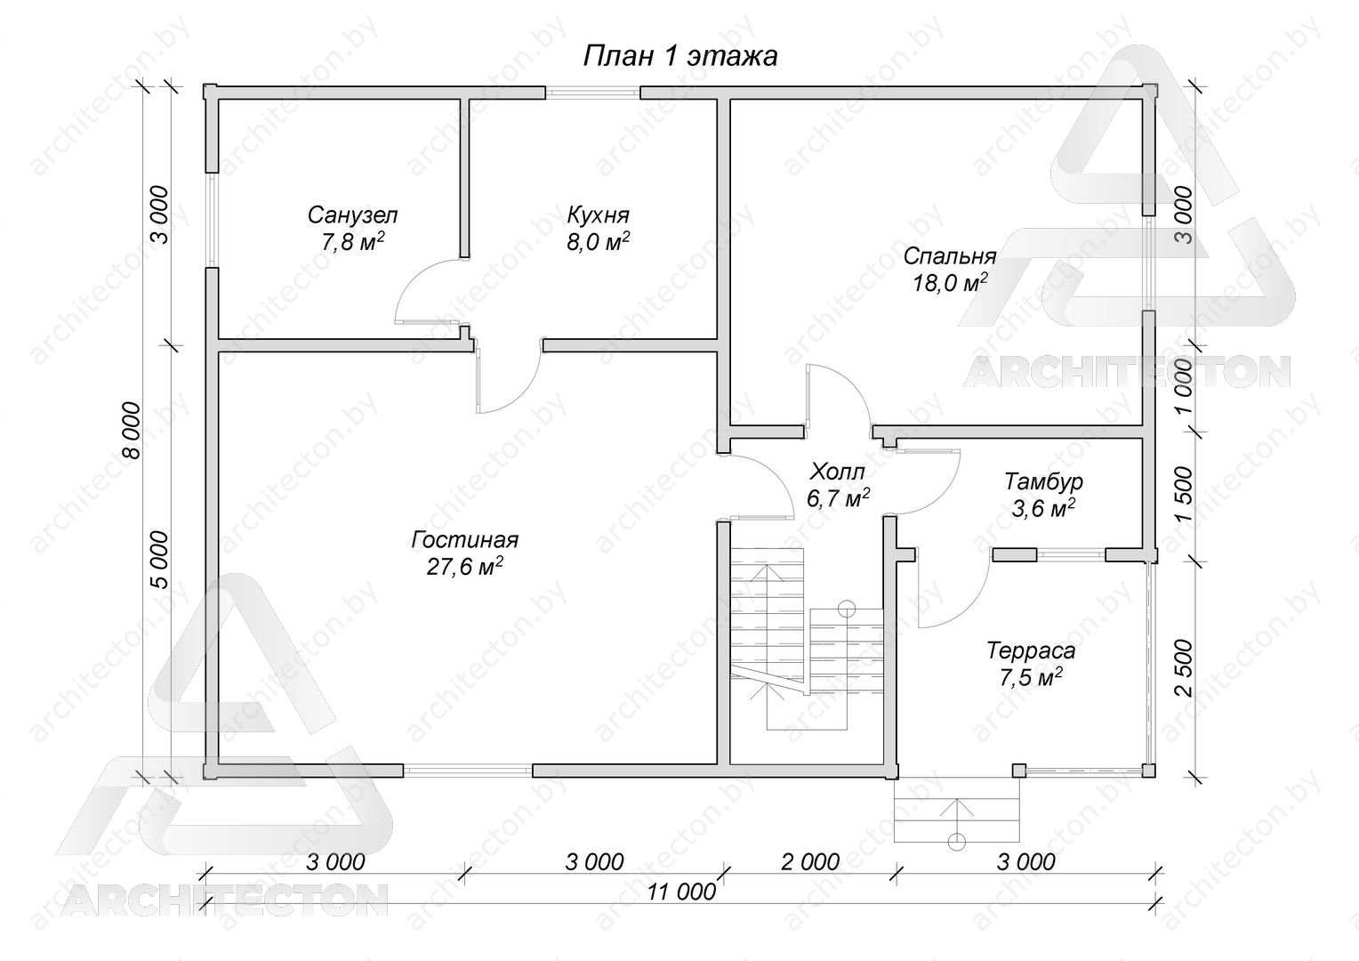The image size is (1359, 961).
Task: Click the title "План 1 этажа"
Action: pyautogui.click(x=680, y=57)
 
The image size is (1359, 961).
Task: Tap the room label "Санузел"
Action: pyautogui.click(x=352, y=215)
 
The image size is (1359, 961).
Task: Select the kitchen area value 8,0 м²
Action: pyautogui.click(x=598, y=242)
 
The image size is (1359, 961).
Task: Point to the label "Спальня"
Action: pyautogui.click(x=950, y=257)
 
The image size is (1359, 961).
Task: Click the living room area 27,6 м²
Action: pyautogui.click(x=465, y=566)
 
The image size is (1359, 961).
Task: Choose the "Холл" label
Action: pyautogui.click(x=837, y=472)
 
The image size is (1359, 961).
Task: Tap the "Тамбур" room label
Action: pyautogui.click(x=1043, y=481)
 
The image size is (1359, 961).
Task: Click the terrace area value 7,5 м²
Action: pyautogui.click(x=1031, y=677)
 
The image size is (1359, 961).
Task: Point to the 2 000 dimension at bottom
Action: pyautogui.click(x=810, y=861)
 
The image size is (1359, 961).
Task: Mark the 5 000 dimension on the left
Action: pyautogui.click(x=158, y=560)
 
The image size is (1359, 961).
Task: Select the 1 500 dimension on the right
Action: pyautogui.click(x=1183, y=495)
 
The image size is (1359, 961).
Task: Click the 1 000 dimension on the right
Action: pyautogui.click(x=1183, y=386)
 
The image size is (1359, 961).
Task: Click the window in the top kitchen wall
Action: pyautogui.click(x=592, y=93)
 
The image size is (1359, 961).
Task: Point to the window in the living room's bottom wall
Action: pyautogui.click(x=468, y=771)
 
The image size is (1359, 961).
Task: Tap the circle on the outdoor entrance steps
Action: pyautogui.click(x=956, y=842)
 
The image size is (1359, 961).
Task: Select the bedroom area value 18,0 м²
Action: pyautogui.click(x=950, y=283)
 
